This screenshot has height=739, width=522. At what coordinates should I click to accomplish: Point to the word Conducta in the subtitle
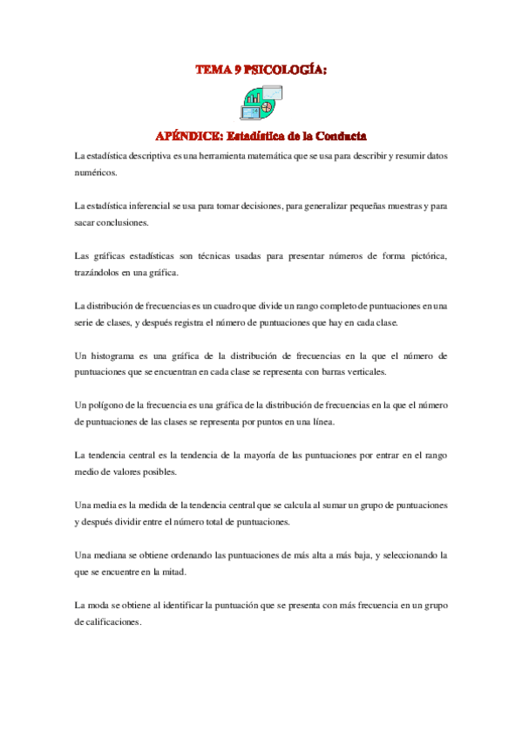(x=338, y=136)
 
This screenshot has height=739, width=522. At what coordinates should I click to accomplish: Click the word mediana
(x=118, y=555)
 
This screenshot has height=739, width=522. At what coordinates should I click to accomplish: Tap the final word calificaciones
(x=107, y=622)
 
